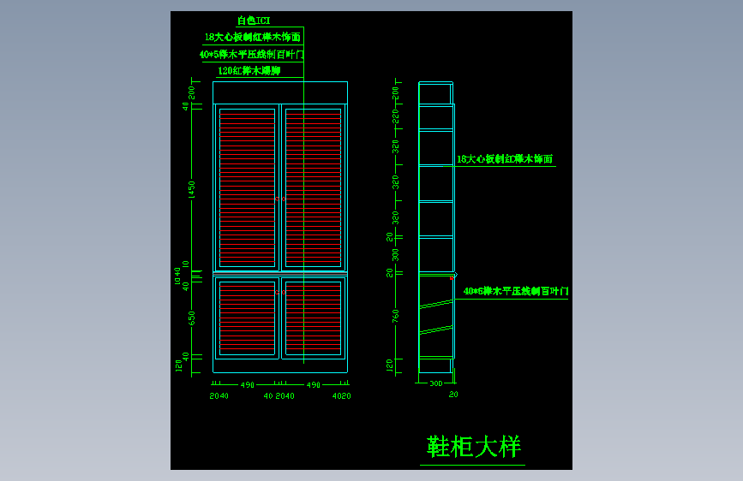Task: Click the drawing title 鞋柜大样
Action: point(473,447)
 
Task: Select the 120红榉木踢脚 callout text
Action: point(249,71)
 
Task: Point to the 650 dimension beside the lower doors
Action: point(192,318)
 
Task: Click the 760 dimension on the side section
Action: point(395,317)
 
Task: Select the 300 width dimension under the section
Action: point(435,383)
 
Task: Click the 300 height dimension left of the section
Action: point(395,255)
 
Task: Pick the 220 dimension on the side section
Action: point(395,116)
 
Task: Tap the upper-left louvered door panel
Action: point(247,187)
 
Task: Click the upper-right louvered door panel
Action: point(313,187)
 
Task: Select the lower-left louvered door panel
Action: point(247,317)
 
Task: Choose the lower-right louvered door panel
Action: point(313,317)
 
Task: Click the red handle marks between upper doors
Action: point(280,199)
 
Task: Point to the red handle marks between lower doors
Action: point(280,292)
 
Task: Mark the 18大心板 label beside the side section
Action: point(504,159)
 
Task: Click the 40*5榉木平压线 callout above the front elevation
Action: point(251,54)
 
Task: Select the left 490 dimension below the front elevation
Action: point(247,385)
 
